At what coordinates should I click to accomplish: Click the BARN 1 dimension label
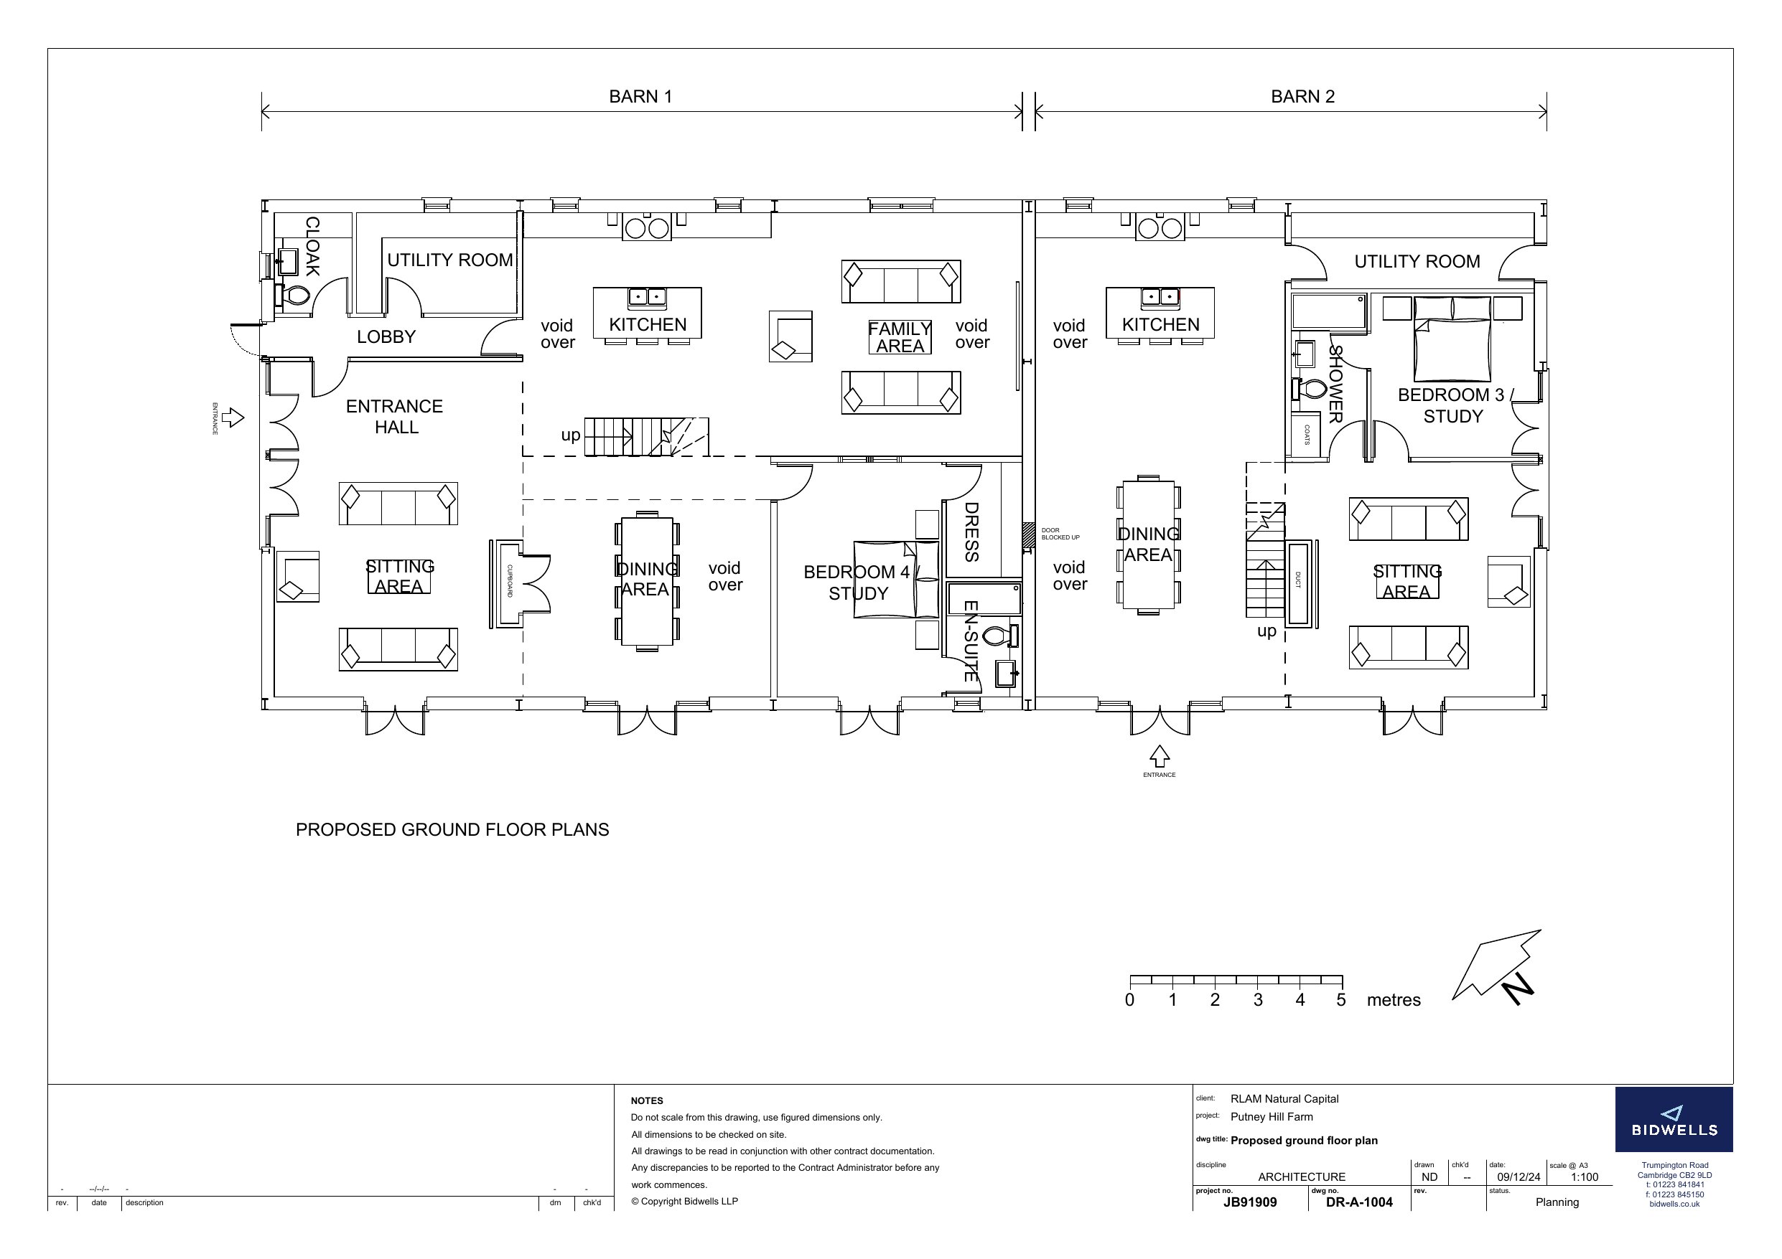[x=640, y=96]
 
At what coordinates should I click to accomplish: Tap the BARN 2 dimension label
[x=1302, y=96]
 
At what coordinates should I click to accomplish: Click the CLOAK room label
[x=312, y=247]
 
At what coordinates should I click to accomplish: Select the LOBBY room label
[x=386, y=336]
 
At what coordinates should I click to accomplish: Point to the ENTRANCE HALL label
[x=395, y=417]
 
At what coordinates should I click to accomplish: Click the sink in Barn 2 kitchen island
[x=1160, y=296]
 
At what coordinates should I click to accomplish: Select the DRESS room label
[x=971, y=532]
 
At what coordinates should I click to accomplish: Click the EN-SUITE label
[x=970, y=641]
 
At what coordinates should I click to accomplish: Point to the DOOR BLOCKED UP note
[x=1060, y=534]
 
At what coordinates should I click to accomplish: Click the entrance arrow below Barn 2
[x=1160, y=756]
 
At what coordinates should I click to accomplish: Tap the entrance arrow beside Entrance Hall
[x=233, y=418]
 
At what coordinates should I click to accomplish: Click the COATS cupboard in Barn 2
[x=1306, y=435]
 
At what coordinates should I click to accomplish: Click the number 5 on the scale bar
[x=1340, y=1000]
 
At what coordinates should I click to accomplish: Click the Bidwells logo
[x=1674, y=1119]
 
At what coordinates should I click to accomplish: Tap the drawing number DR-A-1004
[x=1359, y=1202]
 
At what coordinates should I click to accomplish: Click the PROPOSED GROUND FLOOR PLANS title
[x=452, y=830]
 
